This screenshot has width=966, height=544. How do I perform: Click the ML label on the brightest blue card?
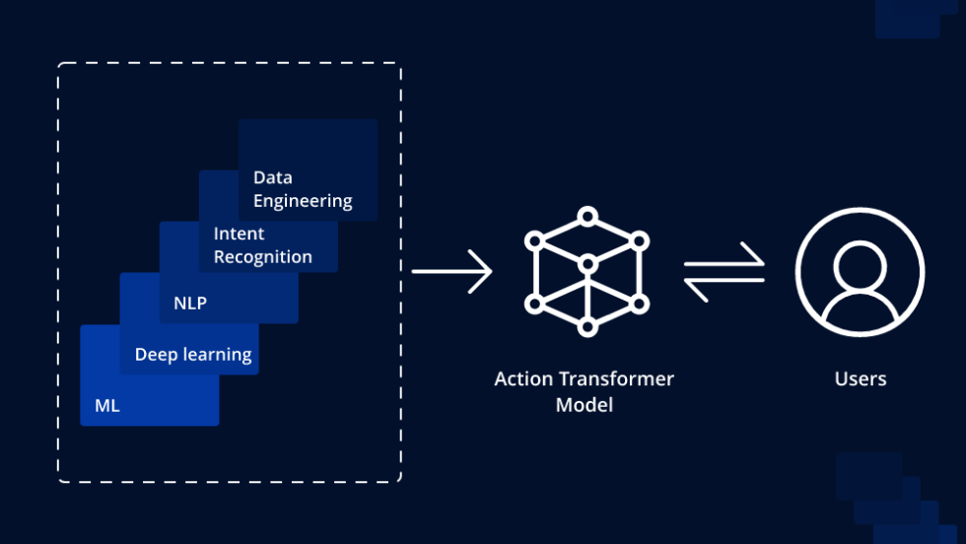107,405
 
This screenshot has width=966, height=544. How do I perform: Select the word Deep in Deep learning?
155,355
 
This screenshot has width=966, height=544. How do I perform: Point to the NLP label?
190,304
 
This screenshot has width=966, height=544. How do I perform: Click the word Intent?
239,234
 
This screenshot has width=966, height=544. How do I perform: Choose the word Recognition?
262,257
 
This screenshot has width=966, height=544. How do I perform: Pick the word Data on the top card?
272,177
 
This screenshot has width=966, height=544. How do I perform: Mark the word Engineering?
303,201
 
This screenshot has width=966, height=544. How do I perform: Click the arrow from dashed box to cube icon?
451,271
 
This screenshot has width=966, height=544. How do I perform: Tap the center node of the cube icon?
586,263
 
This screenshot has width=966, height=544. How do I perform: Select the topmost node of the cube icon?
586,215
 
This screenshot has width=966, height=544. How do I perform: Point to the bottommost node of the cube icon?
586,326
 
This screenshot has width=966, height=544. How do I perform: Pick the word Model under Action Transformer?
585,405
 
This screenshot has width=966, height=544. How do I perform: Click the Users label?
861,379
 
